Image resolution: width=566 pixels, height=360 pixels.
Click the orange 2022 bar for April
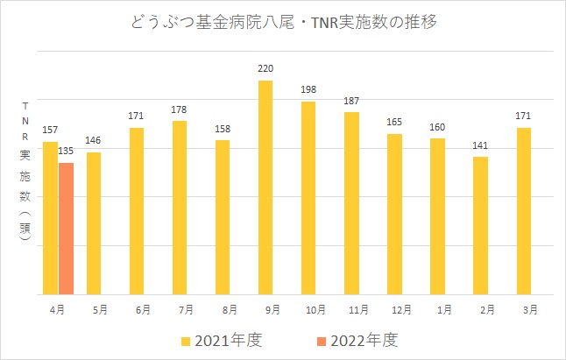point(66,229)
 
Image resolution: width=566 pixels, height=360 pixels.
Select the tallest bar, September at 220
point(265,187)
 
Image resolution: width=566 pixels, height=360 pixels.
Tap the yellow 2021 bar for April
point(50,218)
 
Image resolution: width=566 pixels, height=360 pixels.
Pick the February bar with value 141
point(480,225)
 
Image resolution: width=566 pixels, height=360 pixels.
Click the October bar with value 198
point(308,198)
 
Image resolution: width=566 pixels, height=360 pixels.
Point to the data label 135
point(66,152)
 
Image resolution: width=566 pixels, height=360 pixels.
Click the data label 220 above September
point(265,68)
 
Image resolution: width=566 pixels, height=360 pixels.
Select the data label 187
point(351,101)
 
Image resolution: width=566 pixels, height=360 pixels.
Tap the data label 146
point(94,141)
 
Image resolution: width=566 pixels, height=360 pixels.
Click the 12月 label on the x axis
point(394,309)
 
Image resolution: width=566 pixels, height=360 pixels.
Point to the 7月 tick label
point(180,309)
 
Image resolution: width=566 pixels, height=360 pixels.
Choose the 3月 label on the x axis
point(524,309)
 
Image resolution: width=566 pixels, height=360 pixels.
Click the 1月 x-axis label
point(438,309)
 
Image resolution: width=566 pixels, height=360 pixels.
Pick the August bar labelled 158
point(223,216)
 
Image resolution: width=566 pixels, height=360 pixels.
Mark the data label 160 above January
point(438,128)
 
